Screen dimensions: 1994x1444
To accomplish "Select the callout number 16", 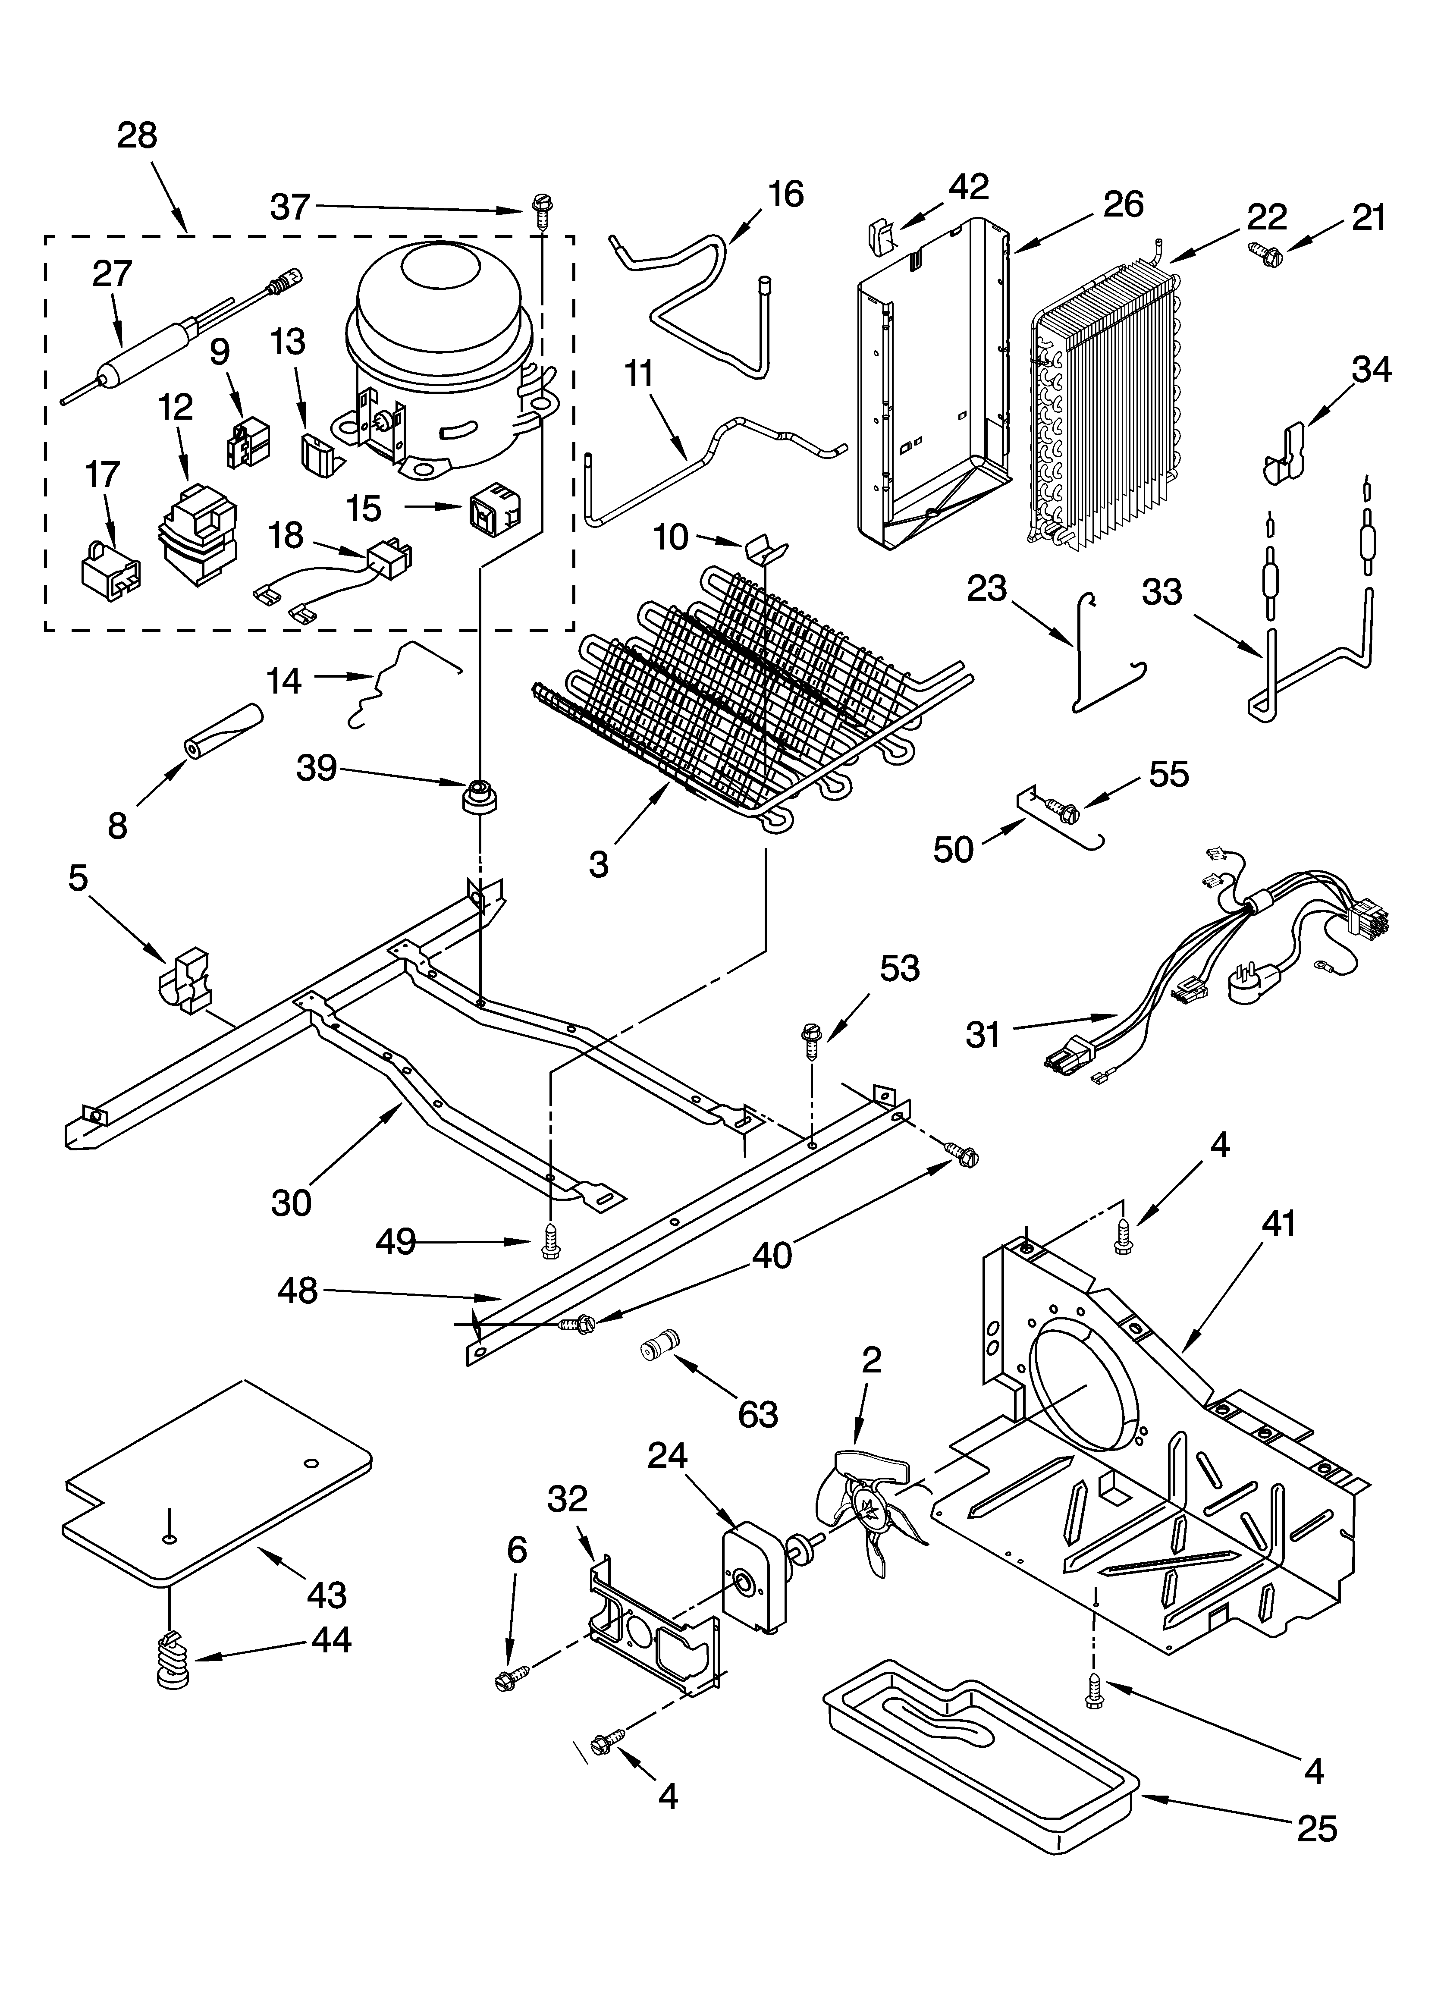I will point(785,194).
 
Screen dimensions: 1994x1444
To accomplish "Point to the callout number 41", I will point(1279,1223).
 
